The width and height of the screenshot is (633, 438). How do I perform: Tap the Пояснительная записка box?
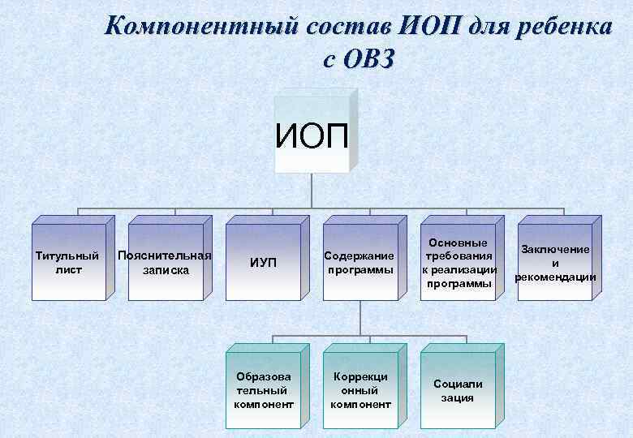pyautogui.click(x=165, y=263)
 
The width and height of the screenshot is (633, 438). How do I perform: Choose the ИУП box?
pyautogui.click(x=263, y=263)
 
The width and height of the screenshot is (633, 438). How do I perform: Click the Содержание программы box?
pyautogui.click(x=360, y=263)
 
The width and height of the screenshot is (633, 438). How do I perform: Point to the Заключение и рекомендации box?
pyautogui.click(x=556, y=263)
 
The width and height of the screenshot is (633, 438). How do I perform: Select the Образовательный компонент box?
pyautogui.click(x=264, y=389)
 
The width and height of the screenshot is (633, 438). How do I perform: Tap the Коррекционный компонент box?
pyautogui.click(x=360, y=389)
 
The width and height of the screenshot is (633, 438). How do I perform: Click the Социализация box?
pyautogui.click(x=458, y=389)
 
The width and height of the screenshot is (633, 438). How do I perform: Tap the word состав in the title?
pyautogui.click(x=346, y=27)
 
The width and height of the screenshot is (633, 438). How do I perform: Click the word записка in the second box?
pyautogui.click(x=166, y=270)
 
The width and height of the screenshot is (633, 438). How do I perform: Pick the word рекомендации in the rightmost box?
pyautogui.click(x=556, y=277)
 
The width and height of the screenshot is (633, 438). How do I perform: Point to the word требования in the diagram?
pyautogui.click(x=459, y=256)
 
